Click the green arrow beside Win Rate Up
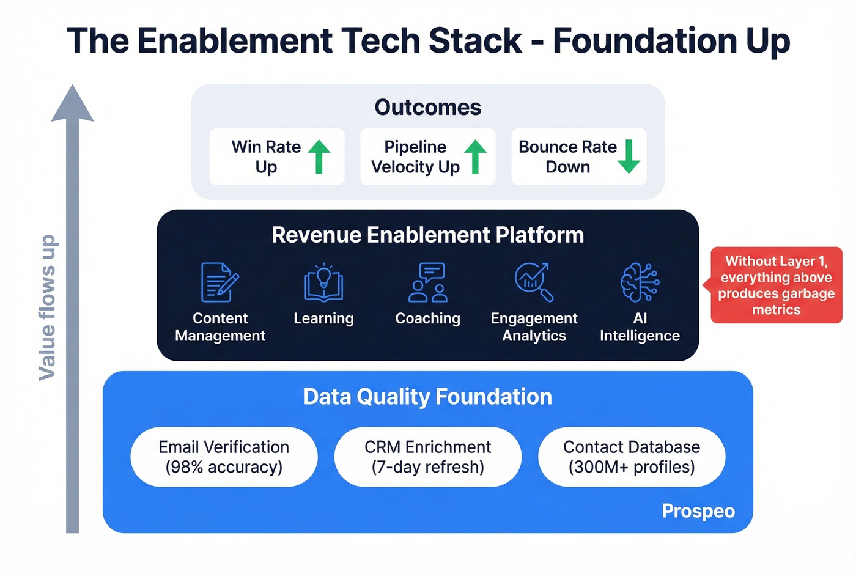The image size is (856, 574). tap(319, 156)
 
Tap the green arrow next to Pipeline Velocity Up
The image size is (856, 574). tap(475, 156)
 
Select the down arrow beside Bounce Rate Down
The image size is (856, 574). tap(629, 156)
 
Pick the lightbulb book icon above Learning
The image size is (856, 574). tap(323, 283)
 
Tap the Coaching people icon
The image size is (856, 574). tap(428, 282)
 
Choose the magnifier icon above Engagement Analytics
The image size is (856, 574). tap(534, 282)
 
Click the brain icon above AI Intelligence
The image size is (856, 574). tap(640, 282)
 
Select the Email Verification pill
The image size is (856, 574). tap(224, 457)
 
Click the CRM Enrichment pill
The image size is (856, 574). tap(428, 457)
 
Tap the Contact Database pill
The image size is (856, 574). tap(632, 457)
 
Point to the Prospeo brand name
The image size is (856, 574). tap(698, 511)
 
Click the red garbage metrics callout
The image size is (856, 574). tap(776, 285)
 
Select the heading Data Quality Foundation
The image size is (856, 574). tap(427, 397)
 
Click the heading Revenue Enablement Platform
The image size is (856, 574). tap(427, 235)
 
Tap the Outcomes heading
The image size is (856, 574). tap(427, 108)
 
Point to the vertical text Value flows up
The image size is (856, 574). tap(47, 307)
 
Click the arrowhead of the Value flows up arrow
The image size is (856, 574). tap(73, 105)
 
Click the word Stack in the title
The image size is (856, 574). tap(475, 41)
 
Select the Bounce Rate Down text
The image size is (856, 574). tap(567, 156)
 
